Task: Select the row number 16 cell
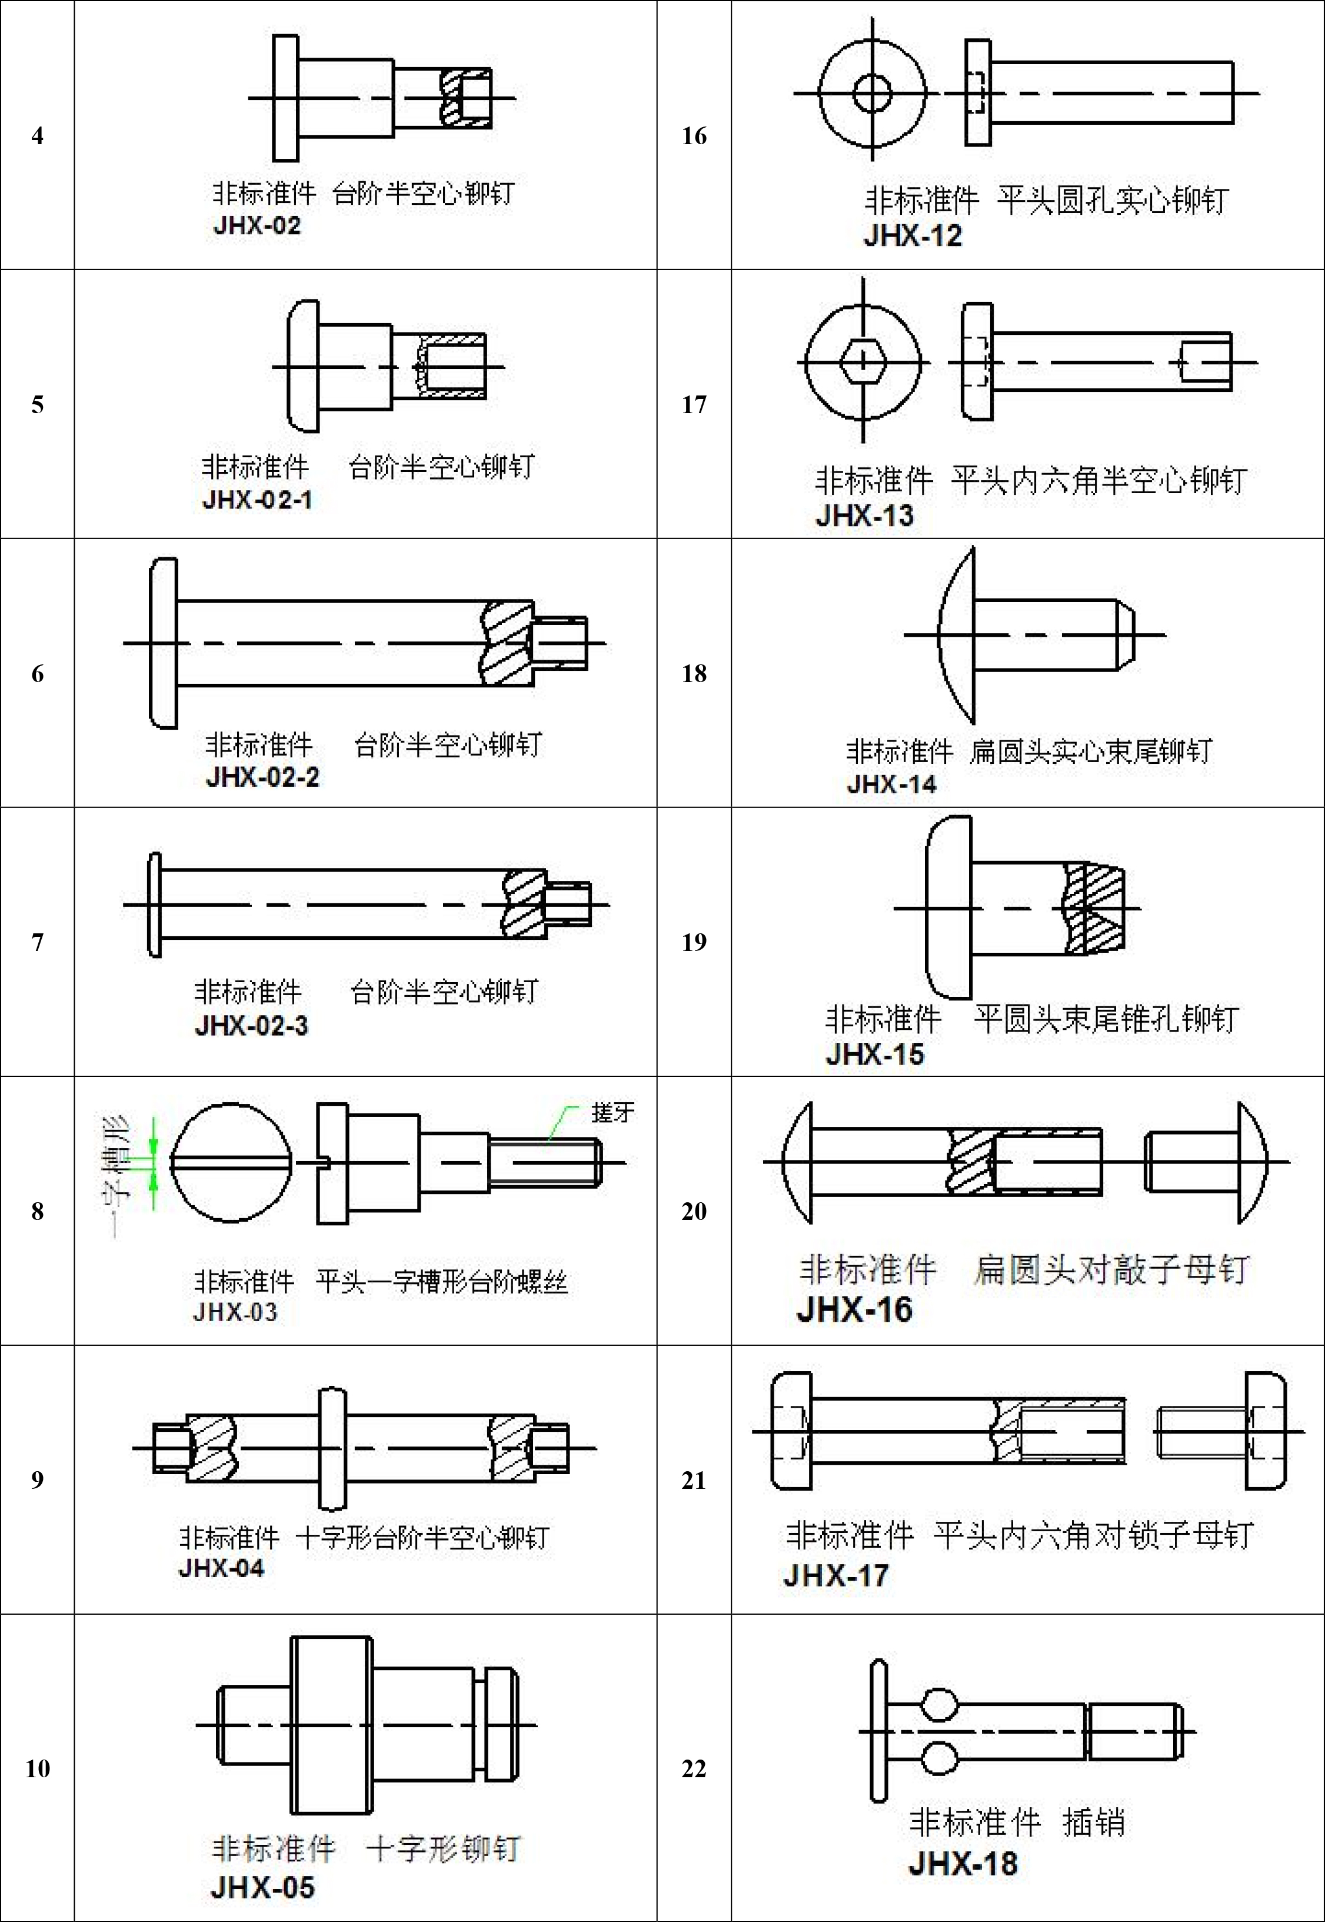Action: point(694,135)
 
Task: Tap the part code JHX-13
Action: point(864,516)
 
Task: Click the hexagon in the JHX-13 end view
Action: point(863,362)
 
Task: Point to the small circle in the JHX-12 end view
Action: point(872,93)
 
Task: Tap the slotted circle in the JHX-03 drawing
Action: point(232,1162)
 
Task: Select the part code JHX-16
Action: point(854,1309)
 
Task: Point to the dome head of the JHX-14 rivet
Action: point(957,635)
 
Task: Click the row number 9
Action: point(37,1479)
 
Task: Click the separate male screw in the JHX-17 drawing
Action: point(1220,1431)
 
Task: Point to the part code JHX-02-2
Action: point(262,778)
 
